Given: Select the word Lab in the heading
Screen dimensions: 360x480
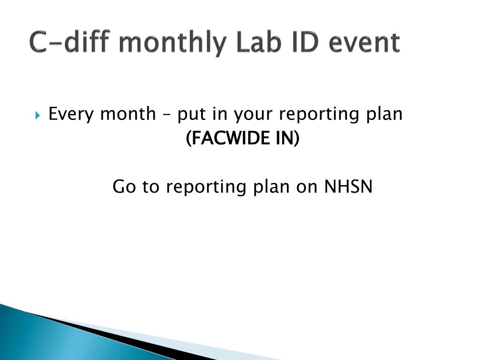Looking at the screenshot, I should (254, 43).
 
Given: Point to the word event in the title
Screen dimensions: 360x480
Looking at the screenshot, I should (365, 43).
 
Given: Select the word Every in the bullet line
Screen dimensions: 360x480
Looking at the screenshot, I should (71, 114).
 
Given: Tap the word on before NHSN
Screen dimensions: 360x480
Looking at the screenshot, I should (308, 187).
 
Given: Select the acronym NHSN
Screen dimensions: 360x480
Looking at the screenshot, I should (349, 187).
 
